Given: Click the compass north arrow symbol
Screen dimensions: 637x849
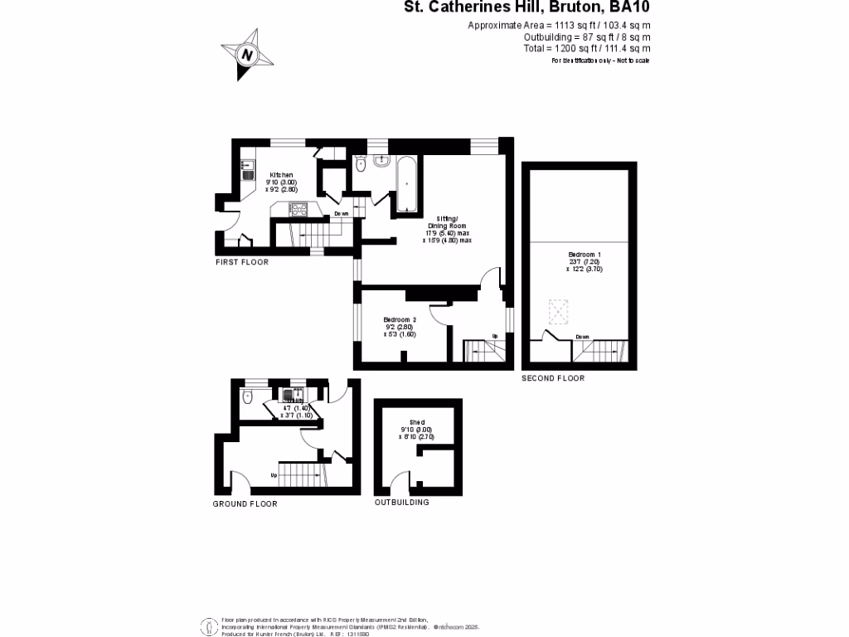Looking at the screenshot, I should pyautogui.click(x=247, y=55).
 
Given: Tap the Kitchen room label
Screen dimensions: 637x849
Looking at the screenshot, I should pyautogui.click(x=280, y=176).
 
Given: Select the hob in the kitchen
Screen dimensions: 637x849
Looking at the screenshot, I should pyautogui.click(x=298, y=209).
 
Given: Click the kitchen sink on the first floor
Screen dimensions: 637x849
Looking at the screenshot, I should pyautogui.click(x=247, y=173).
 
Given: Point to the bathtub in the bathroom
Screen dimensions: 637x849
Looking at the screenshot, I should pyautogui.click(x=405, y=185).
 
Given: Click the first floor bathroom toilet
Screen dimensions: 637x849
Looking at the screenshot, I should pyautogui.click(x=359, y=166).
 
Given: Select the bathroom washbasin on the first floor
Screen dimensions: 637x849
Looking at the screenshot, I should pyautogui.click(x=381, y=162).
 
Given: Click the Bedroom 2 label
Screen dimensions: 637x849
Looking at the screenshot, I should pyautogui.click(x=400, y=319).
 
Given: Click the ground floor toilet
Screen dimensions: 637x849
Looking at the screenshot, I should pyautogui.click(x=247, y=397).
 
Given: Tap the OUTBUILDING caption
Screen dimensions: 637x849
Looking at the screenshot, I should pyautogui.click(x=402, y=503).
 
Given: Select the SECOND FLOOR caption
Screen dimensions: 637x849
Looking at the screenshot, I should pyautogui.click(x=553, y=378).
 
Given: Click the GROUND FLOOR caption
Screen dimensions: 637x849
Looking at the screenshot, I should pyautogui.click(x=245, y=503).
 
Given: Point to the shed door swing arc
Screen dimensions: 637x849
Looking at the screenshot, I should pyautogui.click(x=400, y=479).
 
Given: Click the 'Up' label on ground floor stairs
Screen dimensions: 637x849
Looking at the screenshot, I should pyautogui.click(x=274, y=475).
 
